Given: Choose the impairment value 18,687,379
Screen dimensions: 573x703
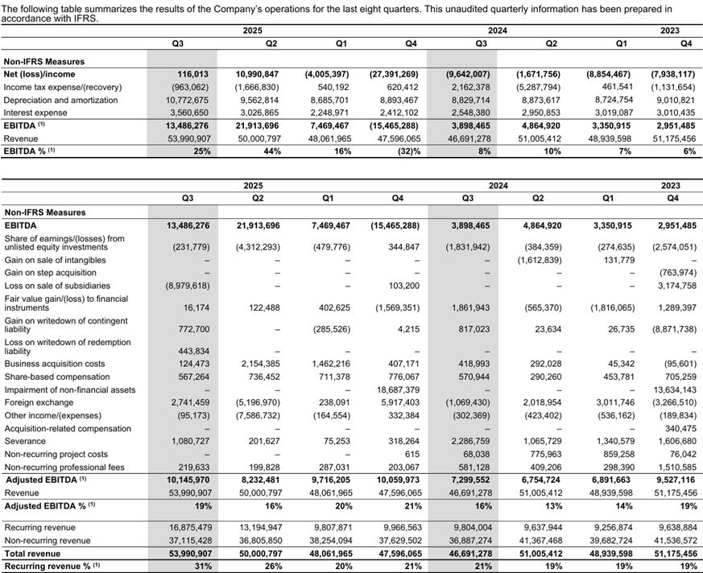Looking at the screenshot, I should (x=397, y=389).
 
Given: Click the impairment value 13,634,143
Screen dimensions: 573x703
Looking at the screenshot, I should (x=673, y=389).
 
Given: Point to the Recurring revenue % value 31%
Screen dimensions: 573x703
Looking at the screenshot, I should (x=201, y=567).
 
